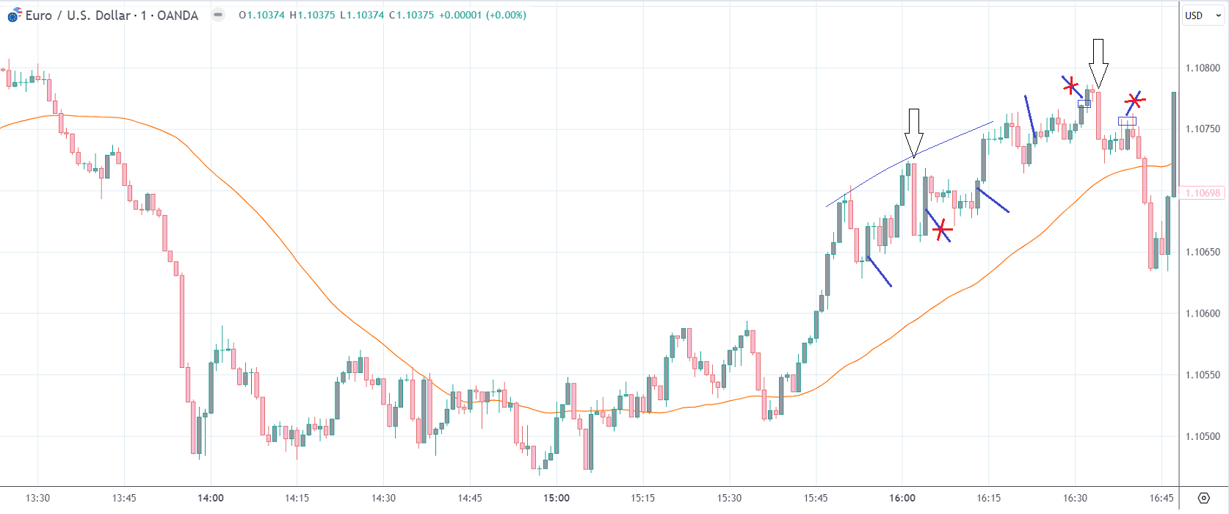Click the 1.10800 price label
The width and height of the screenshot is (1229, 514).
click(1203, 68)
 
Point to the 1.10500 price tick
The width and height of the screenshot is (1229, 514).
click(1203, 436)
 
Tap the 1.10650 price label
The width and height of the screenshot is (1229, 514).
click(1203, 252)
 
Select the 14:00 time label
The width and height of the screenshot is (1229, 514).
click(211, 498)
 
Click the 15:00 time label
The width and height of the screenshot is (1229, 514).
click(557, 498)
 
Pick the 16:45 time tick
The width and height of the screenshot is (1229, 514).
click(1161, 498)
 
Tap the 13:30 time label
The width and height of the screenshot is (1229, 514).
click(38, 498)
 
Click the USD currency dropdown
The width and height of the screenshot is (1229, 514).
click(1203, 15)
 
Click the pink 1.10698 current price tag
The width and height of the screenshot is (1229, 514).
click(1203, 193)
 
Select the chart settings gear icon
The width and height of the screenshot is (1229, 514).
click(1203, 498)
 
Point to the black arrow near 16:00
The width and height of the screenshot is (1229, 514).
click(913, 132)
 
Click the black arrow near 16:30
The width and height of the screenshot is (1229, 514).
click(1098, 63)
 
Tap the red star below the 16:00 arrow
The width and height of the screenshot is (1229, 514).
click(942, 231)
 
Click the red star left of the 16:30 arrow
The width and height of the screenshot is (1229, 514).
click(1071, 85)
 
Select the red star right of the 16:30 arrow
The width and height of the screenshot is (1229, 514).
click(1134, 100)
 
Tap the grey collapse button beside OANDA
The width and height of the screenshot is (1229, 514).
click(218, 15)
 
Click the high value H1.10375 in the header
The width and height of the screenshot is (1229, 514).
click(312, 15)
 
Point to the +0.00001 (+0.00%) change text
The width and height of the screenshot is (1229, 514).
click(482, 15)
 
